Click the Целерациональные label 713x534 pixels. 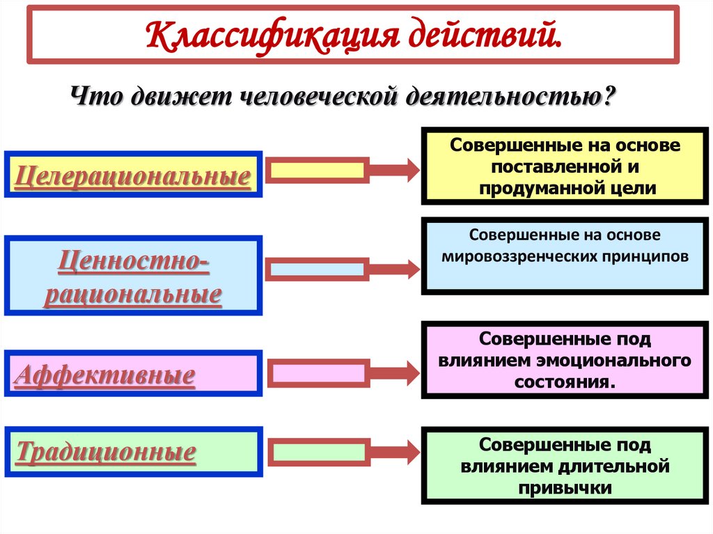pos(132,175)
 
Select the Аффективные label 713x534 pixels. pos(104,376)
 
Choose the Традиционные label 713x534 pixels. pos(105,453)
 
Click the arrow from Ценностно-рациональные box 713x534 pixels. pos(341,269)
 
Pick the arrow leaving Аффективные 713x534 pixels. pos(341,373)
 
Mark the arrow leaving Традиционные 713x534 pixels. pos(341,453)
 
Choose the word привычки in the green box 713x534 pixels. pos(565,488)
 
